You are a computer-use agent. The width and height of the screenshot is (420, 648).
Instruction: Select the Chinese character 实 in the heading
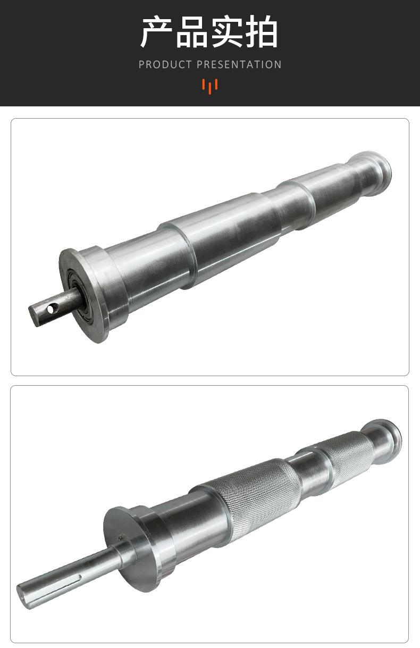tap(227, 31)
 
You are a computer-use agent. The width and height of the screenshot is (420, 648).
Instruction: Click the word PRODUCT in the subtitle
tap(165, 64)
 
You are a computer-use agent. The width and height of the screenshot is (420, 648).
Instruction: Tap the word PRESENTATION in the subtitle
tap(239, 64)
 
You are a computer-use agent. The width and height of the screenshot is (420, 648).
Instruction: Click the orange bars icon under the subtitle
tap(210, 86)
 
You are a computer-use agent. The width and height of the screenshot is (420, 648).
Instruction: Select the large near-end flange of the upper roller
tap(84, 295)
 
